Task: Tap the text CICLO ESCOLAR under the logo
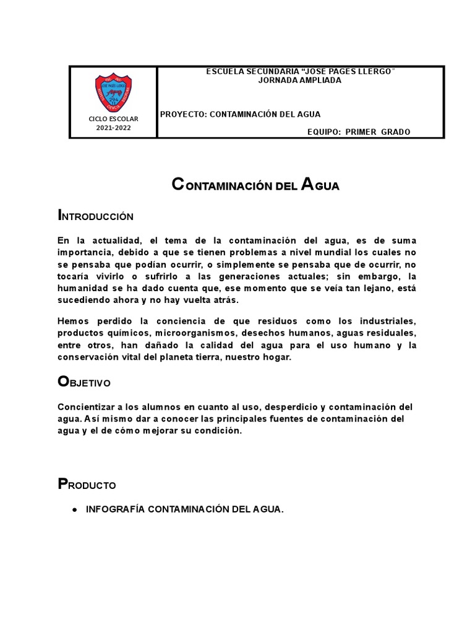[113, 118]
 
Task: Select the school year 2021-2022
[113, 127]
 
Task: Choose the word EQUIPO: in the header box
[323, 132]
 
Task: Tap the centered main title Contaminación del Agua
[255, 185]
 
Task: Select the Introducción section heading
[95, 216]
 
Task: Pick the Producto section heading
[87, 485]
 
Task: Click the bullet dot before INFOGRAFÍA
[74, 510]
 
